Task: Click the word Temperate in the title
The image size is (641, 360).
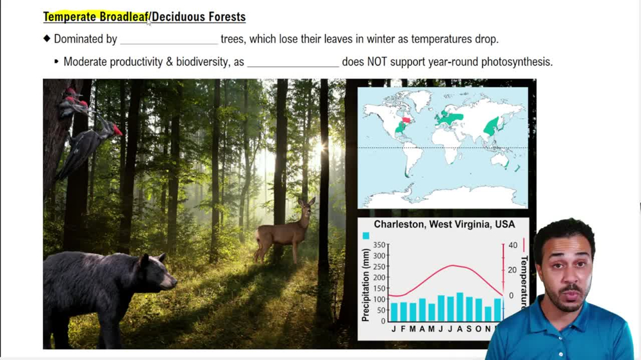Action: click(x=70, y=17)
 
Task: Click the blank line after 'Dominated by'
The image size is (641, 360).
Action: click(x=169, y=40)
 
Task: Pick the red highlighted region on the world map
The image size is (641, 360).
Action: click(x=405, y=120)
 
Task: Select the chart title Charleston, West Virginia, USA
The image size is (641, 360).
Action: click(x=444, y=225)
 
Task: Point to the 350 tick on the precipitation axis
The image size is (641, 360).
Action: click(x=380, y=245)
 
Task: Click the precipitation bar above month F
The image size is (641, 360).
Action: click(x=403, y=311)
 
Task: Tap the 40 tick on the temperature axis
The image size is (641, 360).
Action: click(x=512, y=245)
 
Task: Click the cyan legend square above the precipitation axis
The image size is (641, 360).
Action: click(x=365, y=236)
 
